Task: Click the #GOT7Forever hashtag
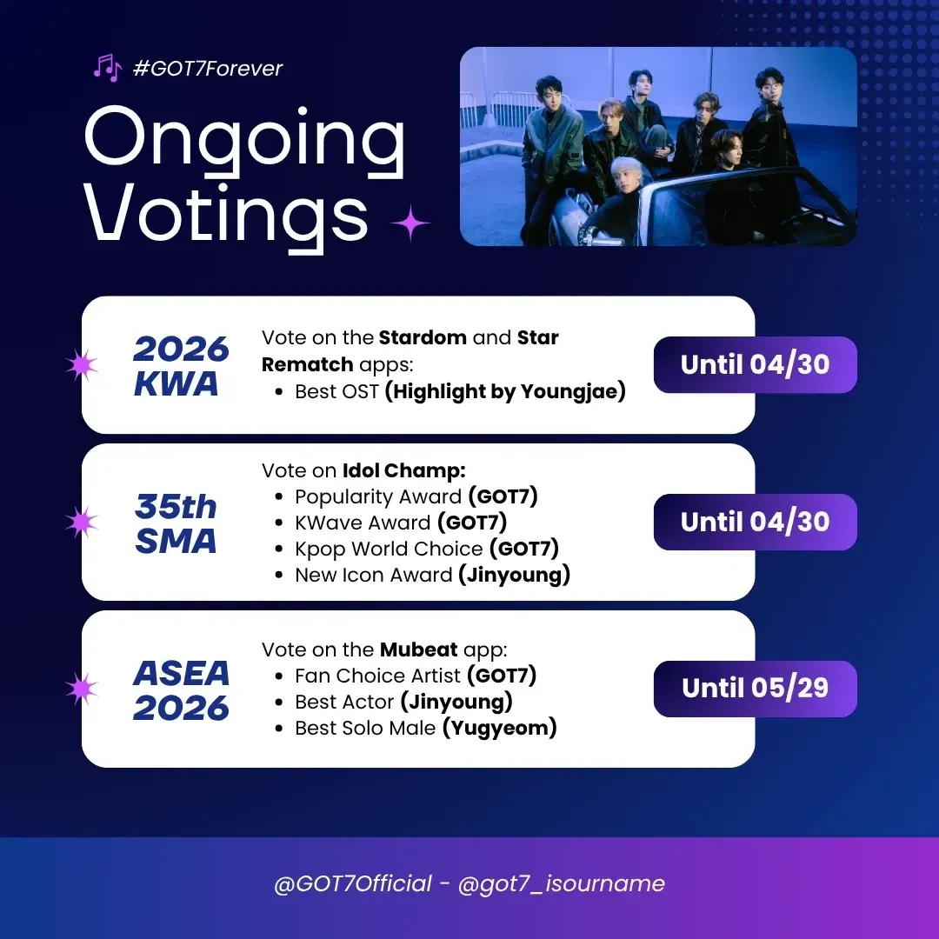[207, 69]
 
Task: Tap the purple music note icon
[108, 68]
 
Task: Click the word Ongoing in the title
[245, 142]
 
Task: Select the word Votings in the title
[226, 216]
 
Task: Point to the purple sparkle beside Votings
[410, 223]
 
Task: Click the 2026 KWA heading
[181, 366]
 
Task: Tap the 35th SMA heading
[176, 523]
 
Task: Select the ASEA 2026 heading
[181, 689]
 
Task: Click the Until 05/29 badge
[756, 689]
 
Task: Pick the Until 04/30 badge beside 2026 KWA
[756, 364]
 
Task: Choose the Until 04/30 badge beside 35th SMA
[756, 522]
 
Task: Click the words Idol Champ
[403, 470]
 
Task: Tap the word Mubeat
[418, 649]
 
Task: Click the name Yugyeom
[499, 729]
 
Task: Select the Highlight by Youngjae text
[505, 391]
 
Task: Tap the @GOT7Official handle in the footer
[353, 883]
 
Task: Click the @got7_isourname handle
[561, 884]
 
